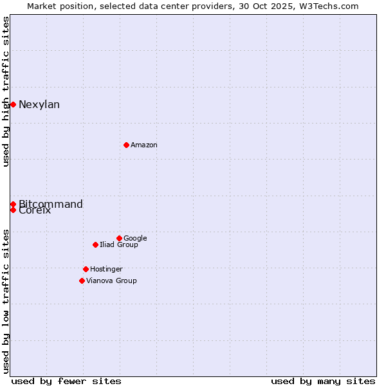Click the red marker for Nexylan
[13, 104]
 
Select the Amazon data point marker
[126, 145]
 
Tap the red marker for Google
[119, 238]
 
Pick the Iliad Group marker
[95, 244]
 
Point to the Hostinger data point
[86, 269]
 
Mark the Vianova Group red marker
[82, 280]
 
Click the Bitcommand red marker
[13, 204]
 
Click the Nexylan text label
[39, 105]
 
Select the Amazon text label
[144, 145]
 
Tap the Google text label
[135, 239]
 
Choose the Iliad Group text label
[119, 245]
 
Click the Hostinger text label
[106, 270]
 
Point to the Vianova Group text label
[111, 281]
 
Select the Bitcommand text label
[51, 205]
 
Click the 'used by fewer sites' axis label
[66, 381]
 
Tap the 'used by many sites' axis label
[323, 381]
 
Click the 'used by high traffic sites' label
[6, 91]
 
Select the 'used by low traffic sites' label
[6, 300]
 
